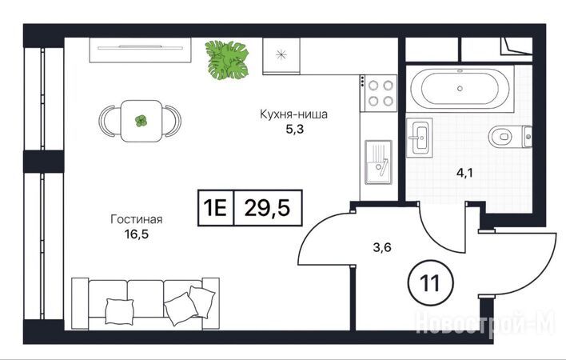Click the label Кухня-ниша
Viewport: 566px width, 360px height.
[294, 114]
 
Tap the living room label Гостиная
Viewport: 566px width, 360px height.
[137, 219]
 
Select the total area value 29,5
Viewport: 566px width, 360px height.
[267, 208]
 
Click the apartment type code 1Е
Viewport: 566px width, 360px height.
[215, 208]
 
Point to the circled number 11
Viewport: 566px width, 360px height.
[429, 282]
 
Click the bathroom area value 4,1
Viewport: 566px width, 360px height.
[464, 173]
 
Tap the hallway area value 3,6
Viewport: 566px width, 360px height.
[382, 248]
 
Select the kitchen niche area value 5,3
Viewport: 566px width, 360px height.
[294, 130]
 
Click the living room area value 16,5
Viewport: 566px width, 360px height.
[137, 234]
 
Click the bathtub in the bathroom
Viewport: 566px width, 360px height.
[460, 89]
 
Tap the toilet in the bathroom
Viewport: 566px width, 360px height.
[510, 137]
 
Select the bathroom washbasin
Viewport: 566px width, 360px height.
[419, 138]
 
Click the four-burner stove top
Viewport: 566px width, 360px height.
[378, 93]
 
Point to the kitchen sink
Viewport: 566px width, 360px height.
[378, 162]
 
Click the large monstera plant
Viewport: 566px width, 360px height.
[227, 60]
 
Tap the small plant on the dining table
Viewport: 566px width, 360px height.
[141, 121]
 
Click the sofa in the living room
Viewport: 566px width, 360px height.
[145, 303]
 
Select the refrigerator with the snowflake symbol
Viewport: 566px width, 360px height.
[281, 56]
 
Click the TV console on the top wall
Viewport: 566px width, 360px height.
[141, 50]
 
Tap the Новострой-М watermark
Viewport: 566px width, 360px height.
[485, 324]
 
